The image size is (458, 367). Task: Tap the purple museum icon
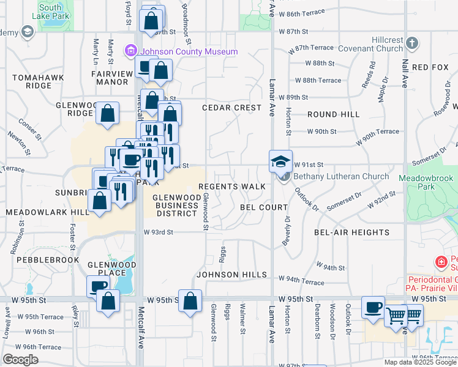(x=130, y=51)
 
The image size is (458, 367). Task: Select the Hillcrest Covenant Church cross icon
(x=413, y=43)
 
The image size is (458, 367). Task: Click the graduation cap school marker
(x=281, y=161)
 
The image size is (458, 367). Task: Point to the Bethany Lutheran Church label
(x=341, y=176)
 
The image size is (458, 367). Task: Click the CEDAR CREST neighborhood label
(x=232, y=108)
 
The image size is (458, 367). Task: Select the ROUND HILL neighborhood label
(x=333, y=114)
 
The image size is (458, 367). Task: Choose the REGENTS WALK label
(x=232, y=186)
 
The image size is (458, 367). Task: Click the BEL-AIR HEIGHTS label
(x=351, y=232)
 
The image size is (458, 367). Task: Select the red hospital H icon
(x=441, y=262)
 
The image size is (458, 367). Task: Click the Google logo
(x=20, y=360)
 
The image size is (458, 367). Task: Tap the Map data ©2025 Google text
(x=419, y=362)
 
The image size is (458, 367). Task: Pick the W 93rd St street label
(x=159, y=232)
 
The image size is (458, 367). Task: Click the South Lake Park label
(x=50, y=10)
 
